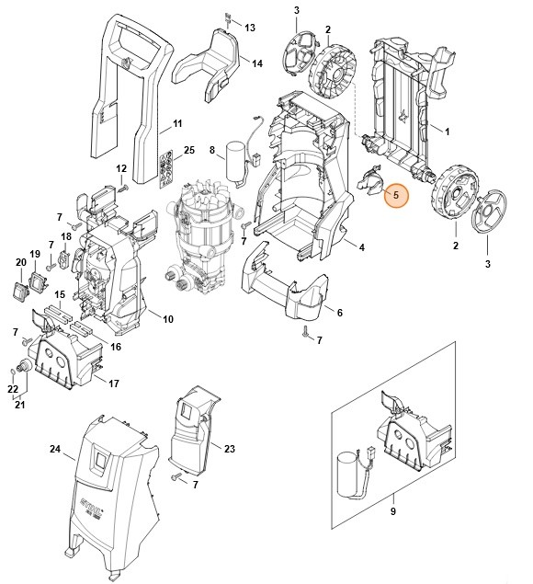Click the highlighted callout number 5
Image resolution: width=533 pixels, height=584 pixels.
coord(397,195)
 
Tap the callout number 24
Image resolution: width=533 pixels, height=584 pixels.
coord(55,449)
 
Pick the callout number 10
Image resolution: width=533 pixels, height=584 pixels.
coord(168,318)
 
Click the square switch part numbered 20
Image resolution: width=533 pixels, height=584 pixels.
coord(19,291)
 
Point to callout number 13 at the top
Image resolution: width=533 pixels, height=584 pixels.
coord(250,29)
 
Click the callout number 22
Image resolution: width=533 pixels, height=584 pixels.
coord(12,391)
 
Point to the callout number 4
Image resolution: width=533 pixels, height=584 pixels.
coord(361,247)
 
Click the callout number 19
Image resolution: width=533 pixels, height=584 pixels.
coord(36,254)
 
